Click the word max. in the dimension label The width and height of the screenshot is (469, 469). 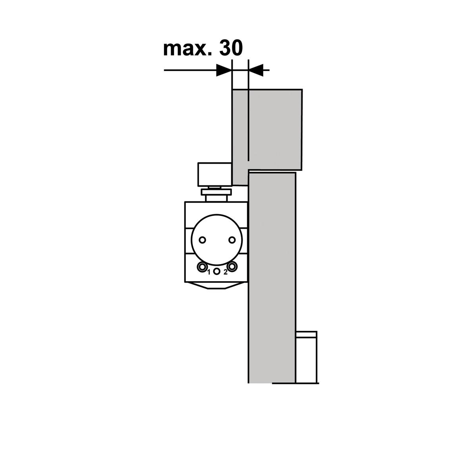186,49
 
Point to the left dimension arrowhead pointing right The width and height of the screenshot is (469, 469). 224,70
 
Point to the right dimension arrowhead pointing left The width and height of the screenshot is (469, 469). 256,70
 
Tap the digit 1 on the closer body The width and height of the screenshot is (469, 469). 209,272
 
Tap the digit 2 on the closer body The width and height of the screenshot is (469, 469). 226,272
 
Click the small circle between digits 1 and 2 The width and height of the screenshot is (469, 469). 217,272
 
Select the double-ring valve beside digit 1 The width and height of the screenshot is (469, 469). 202,267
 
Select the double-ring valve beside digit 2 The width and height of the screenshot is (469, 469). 232,266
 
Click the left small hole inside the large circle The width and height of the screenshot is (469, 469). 203,239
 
